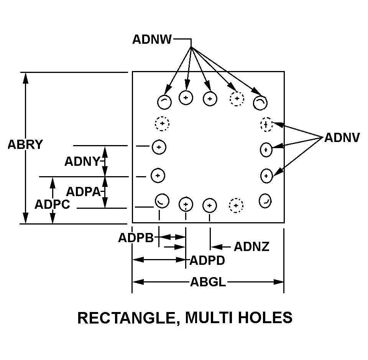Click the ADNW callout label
click(152, 40)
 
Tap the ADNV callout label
click(342, 138)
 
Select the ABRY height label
click(25, 145)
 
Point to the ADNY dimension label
click(82, 162)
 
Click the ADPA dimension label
click(83, 192)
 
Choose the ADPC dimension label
click(52, 204)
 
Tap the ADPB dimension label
click(136, 238)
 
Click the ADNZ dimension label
click(251, 246)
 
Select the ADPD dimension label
click(207, 260)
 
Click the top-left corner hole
click(164, 101)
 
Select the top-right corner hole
click(260, 102)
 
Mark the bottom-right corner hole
click(265, 200)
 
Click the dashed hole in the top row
click(237, 99)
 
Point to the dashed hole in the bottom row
click(236, 205)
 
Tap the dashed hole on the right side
click(266, 124)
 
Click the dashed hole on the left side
click(162, 124)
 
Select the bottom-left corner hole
click(162, 200)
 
